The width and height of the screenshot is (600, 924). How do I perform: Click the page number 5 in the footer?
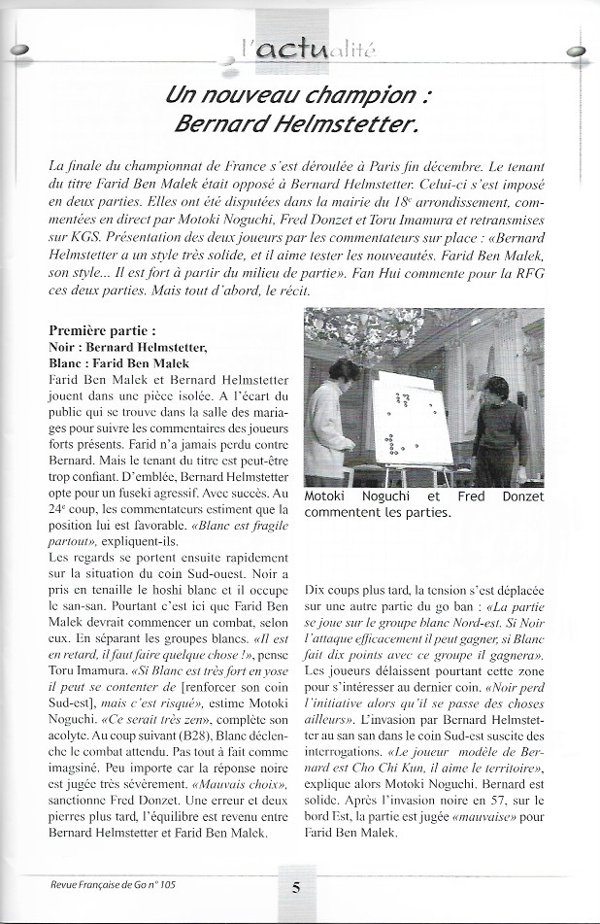295,886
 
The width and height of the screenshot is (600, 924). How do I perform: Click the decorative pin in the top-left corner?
19,51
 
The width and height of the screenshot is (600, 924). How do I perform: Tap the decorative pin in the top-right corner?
580,51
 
